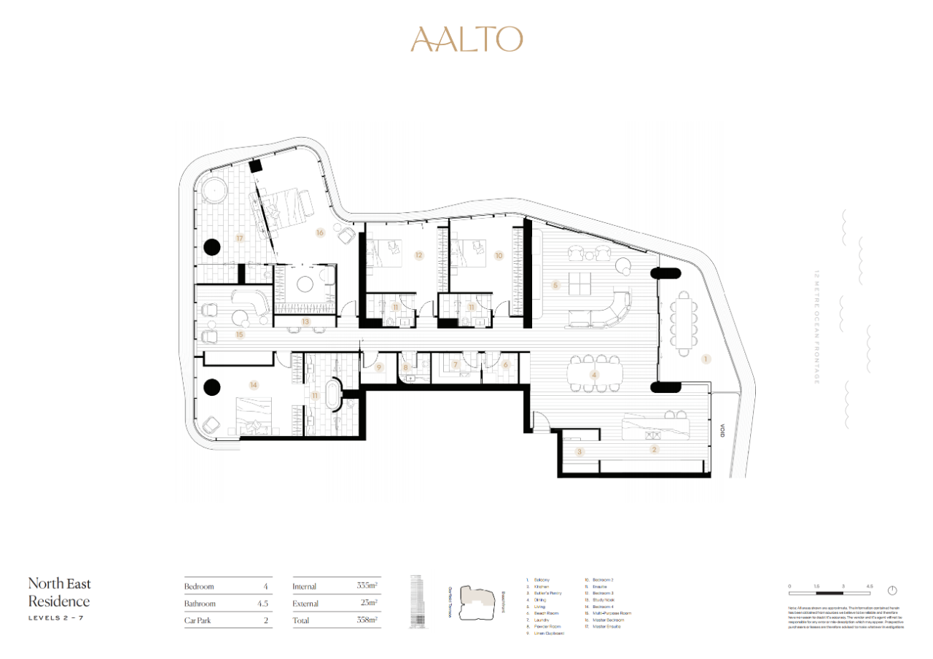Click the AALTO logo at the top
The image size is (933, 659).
click(466, 39)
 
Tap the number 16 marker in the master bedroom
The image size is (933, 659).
click(319, 233)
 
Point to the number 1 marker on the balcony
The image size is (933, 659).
click(705, 359)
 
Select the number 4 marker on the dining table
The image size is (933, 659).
click(595, 375)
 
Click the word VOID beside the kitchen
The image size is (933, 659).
click(722, 432)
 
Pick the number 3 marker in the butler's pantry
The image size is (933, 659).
click(580, 452)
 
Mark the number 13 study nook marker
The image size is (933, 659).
click(306, 321)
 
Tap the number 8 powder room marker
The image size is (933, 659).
click(406, 367)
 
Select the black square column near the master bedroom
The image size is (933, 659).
click(256, 166)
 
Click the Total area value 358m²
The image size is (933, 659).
click(366, 620)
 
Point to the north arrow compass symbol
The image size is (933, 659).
click(891, 590)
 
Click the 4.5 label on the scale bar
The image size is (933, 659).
click(869, 585)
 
